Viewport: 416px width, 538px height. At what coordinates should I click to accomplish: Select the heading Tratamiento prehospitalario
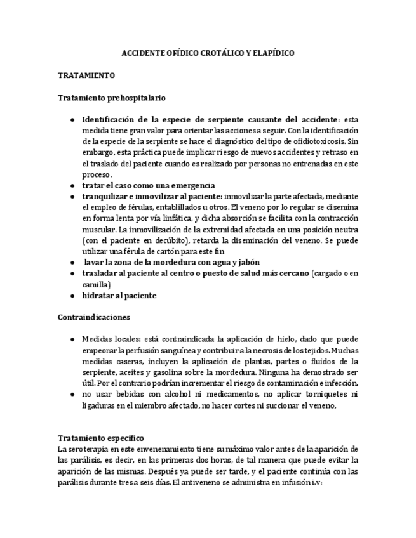click(x=111, y=98)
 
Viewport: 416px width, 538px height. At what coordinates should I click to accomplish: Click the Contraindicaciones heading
click(x=93, y=316)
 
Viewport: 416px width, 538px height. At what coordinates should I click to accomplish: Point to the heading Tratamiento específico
click(x=101, y=438)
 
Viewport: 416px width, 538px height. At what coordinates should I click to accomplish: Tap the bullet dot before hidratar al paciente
click(x=72, y=296)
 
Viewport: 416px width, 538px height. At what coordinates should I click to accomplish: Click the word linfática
click(x=186, y=218)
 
